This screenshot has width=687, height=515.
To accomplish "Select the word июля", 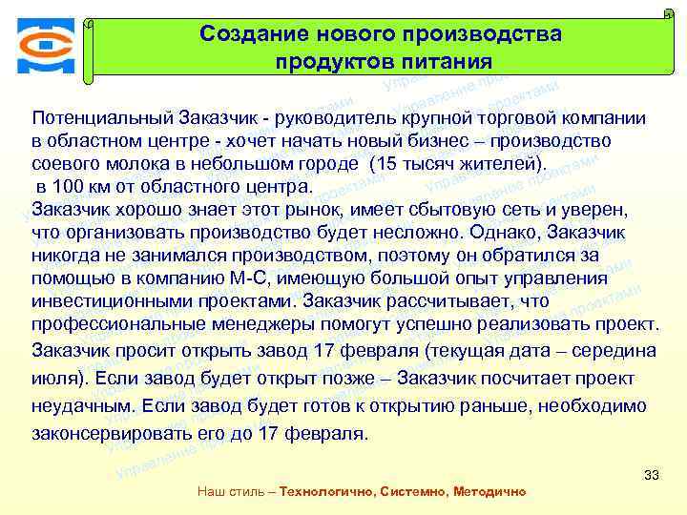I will tap(53, 378).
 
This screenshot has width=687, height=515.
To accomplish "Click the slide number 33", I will tap(653, 474).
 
